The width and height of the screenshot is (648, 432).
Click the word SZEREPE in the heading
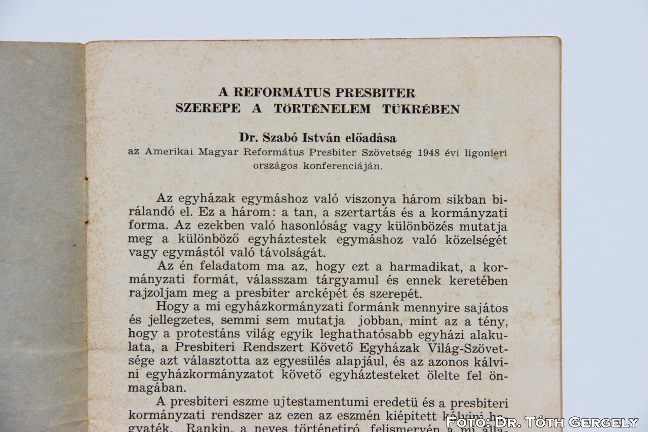pyautogui.click(x=208, y=108)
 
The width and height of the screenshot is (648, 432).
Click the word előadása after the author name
pyautogui.click(x=372, y=138)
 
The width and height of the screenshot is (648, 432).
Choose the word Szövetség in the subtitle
pyautogui.click(x=387, y=152)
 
